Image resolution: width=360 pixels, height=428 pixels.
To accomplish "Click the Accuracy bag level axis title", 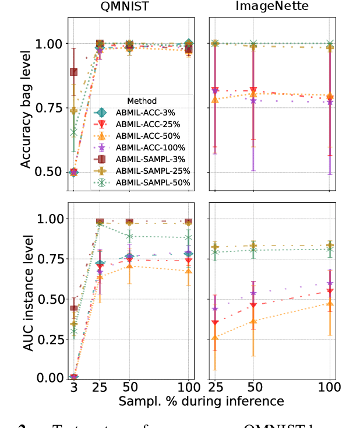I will (x=26, y=108).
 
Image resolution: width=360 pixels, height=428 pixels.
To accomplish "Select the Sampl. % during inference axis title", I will (x=202, y=401).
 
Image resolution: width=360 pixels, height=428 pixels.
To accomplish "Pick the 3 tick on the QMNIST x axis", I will (x=73, y=388).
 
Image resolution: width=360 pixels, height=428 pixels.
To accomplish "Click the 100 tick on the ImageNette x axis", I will (x=330, y=388).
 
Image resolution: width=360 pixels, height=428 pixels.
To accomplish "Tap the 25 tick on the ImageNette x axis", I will (x=215, y=388).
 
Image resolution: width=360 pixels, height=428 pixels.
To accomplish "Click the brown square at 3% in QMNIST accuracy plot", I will (x=74, y=72).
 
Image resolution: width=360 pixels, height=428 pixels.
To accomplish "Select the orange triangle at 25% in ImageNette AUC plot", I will (x=215, y=338).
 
